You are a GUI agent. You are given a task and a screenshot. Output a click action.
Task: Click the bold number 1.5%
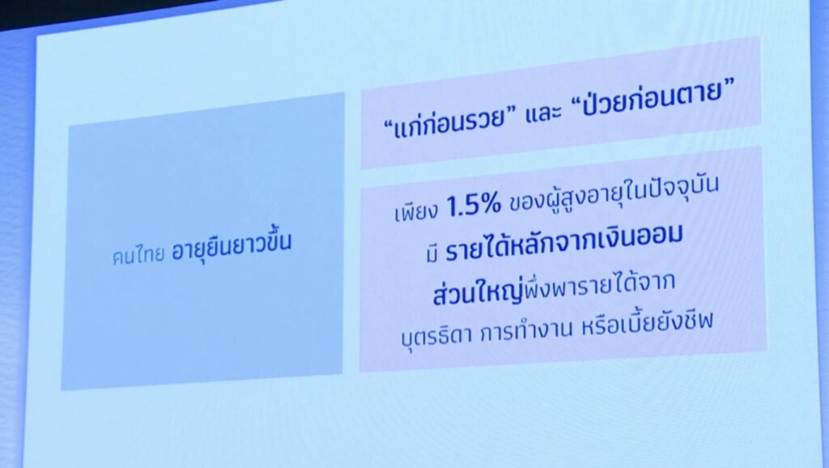(474, 205)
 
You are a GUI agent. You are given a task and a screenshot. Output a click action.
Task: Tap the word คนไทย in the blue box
(138, 257)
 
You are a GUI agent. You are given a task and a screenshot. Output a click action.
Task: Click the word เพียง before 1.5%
(416, 211)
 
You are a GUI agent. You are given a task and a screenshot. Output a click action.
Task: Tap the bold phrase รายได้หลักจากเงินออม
(563, 242)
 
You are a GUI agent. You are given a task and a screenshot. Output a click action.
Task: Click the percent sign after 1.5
(491, 204)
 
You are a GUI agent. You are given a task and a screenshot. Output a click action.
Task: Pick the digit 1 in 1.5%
(452, 207)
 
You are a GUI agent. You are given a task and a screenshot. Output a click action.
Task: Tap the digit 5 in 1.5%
(470, 206)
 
